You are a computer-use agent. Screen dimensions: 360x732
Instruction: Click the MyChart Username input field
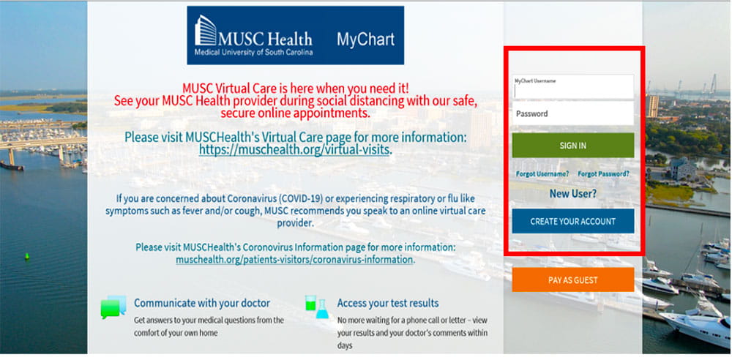click(572, 88)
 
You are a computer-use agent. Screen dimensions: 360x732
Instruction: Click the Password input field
click(572, 114)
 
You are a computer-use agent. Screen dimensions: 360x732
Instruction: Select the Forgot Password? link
click(603, 174)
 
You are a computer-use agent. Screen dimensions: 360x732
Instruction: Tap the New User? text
click(572, 194)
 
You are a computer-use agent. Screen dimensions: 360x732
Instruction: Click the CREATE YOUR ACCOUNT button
click(572, 221)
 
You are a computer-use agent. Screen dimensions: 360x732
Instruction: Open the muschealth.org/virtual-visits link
click(295, 150)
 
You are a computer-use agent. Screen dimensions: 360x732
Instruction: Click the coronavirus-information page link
click(294, 259)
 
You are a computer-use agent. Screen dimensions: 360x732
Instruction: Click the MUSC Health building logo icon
click(206, 32)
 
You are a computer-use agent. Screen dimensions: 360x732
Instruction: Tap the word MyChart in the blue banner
click(365, 40)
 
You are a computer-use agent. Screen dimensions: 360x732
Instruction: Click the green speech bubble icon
click(113, 307)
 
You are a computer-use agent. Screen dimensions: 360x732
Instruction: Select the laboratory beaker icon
click(317, 307)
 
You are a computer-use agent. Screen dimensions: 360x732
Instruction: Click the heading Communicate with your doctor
click(202, 303)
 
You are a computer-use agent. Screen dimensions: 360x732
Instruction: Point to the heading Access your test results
click(388, 303)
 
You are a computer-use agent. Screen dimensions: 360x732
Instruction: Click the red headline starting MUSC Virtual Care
click(296, 88)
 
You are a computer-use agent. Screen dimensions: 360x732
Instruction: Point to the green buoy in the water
click(28, 256)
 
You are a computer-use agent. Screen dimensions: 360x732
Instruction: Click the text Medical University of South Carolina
click(253, 53)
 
